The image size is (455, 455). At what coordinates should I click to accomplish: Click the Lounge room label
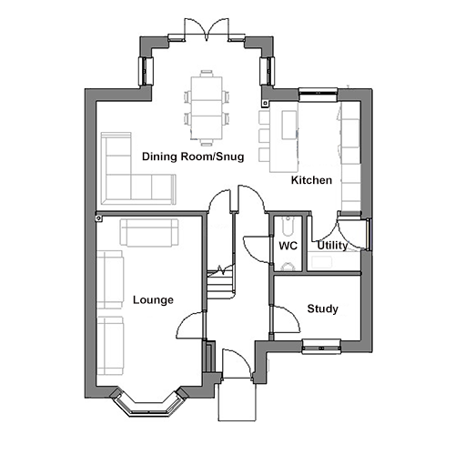(153, 300)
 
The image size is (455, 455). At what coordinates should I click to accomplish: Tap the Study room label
(322, 308)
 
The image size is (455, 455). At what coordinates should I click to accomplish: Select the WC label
(288, 246)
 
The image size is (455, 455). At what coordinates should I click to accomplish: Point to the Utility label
(332, 246)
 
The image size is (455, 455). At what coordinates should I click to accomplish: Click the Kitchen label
(311, 180)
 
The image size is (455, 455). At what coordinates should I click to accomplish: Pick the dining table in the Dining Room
(207, 107)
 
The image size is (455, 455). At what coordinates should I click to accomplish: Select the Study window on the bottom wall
(321, 347)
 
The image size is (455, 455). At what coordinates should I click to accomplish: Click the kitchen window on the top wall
(318, 95)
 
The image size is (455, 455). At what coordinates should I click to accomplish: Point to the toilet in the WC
(288, 267)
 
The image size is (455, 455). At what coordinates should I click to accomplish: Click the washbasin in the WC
(288, 226)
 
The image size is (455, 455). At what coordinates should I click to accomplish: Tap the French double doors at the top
(207, 30)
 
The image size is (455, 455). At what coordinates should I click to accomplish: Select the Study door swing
(287, 319)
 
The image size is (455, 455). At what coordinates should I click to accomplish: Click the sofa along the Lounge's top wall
(149, 232)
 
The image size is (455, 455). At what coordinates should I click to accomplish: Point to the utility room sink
(321, 262)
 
